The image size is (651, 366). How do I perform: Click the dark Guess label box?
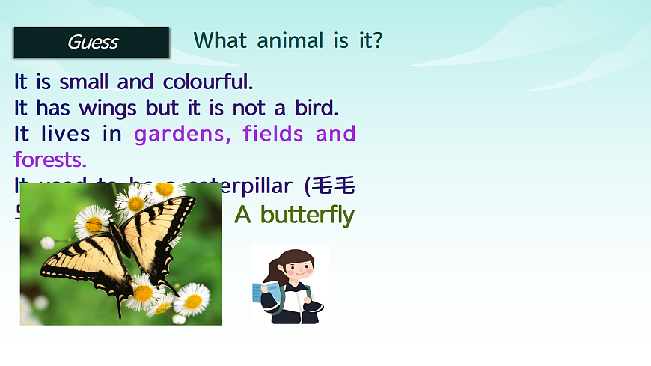coord(91,43)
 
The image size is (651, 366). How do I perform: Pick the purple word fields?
coord(273,134)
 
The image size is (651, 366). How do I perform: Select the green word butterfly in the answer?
coord(307,215)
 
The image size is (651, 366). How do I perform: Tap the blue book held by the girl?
coord(265,293)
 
